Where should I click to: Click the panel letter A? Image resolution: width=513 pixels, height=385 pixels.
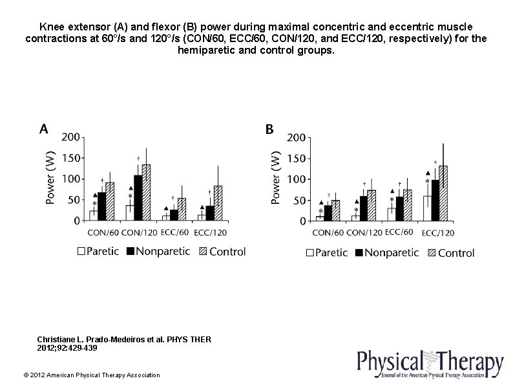43,129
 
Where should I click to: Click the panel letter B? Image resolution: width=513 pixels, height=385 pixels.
269,129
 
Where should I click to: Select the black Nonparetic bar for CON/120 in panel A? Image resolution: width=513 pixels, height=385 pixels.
138,198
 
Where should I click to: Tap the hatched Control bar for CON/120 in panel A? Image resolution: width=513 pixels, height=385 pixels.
146,193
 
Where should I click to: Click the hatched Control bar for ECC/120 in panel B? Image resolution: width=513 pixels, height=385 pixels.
443,193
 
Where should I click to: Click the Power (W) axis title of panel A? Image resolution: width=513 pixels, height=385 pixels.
51,178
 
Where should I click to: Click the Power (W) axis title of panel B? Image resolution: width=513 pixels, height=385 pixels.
277,178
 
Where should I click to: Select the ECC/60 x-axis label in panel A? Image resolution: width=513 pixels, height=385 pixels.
174,232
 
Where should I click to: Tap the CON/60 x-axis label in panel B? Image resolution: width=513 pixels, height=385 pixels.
328,233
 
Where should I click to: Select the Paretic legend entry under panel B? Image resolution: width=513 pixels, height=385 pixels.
331,253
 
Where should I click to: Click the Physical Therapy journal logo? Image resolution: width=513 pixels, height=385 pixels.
430,364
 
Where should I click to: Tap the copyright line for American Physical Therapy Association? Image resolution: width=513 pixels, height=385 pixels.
91,375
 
